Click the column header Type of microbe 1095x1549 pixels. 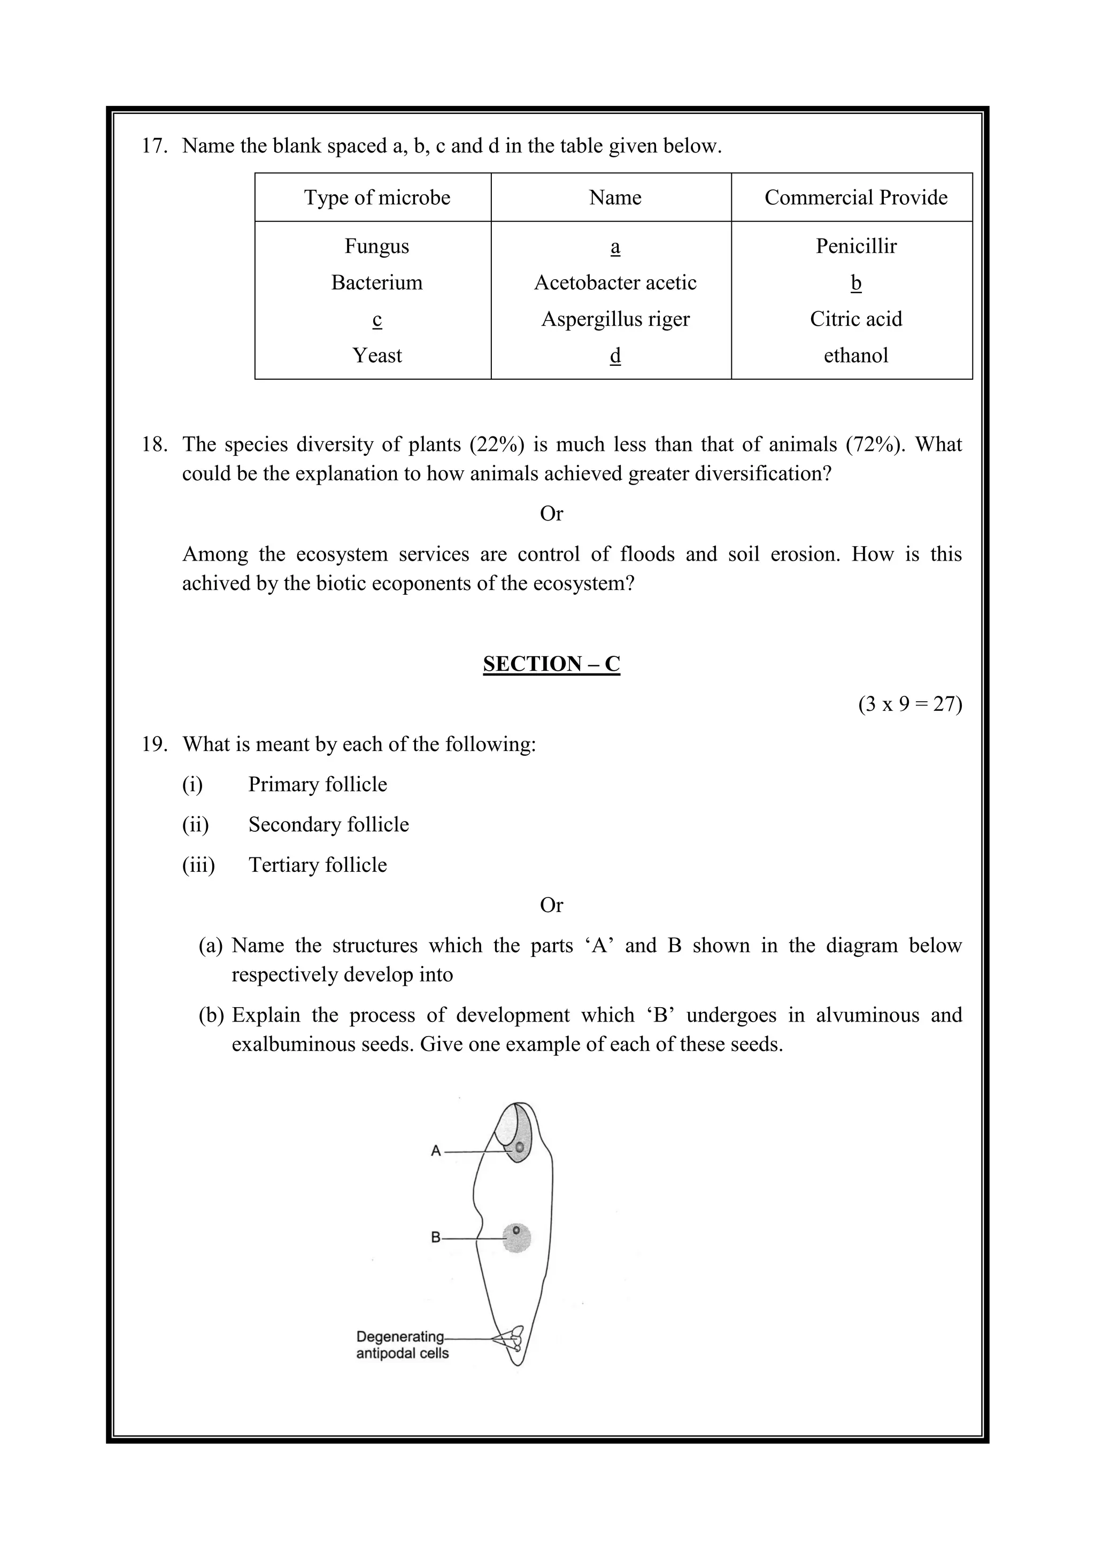377,198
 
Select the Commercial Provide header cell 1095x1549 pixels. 855,198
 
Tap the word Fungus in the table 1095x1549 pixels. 377,246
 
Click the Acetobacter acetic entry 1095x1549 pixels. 615,282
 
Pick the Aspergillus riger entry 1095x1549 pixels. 615,319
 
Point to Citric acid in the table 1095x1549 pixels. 855,319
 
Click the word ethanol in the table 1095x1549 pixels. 855,356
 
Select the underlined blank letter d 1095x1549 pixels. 615,356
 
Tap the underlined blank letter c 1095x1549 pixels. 377,319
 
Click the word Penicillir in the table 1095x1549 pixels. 855,246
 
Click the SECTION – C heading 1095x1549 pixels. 551,664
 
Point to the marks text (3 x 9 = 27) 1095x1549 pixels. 909,704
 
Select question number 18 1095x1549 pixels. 154,444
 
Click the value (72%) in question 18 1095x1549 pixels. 875,444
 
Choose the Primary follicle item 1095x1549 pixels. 317,785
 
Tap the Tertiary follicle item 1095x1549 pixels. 317,865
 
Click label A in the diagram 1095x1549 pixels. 436,1151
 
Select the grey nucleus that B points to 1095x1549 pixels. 517,1238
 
